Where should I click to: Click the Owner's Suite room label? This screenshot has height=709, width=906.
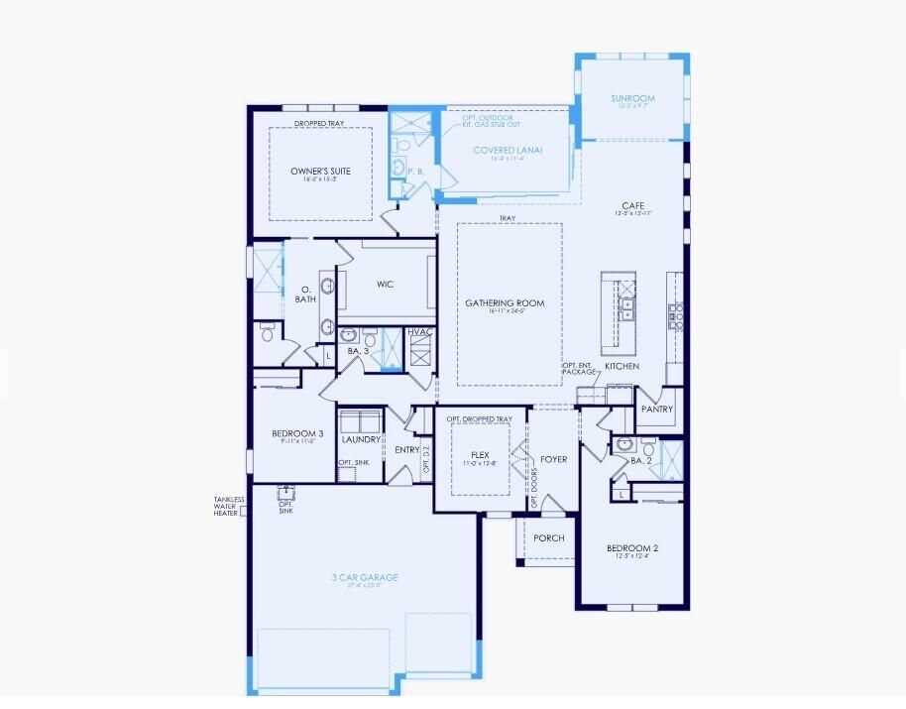(320, 172)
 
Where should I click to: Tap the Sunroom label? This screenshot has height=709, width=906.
(631, 99)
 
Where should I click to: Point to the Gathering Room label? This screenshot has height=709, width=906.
(506, 303)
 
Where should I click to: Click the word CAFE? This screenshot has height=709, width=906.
(633, 206)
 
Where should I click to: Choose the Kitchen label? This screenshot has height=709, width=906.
(622, 366)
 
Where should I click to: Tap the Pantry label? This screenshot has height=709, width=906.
(657, 409)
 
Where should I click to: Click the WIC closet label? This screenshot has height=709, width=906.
(386, 285)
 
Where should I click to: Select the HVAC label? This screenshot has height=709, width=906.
(419, 332)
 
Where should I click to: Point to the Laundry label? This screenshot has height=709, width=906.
(362, 439)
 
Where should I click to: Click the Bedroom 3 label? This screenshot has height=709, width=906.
(297, 434)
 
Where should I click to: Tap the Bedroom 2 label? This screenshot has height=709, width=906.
(632, 548)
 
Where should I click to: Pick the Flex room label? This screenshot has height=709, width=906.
(481, 455)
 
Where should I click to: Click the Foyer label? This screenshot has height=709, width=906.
(553, 459)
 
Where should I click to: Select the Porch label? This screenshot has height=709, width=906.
(548, 538)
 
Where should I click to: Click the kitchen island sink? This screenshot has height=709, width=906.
(626, 302)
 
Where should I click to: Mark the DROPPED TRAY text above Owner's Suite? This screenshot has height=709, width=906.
(319, 124)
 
